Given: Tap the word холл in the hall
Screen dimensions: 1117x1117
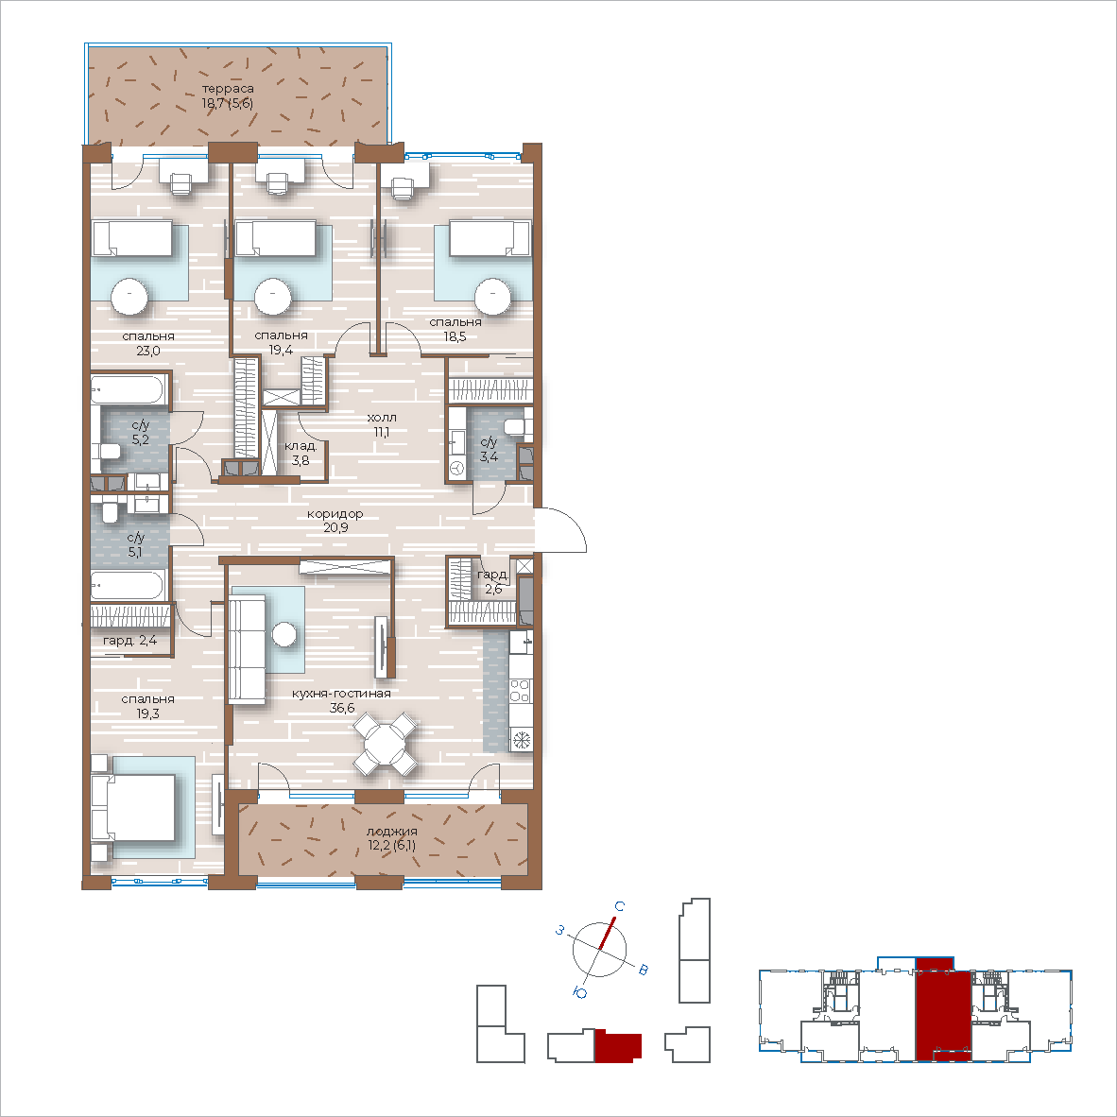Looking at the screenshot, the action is click(x=381, y=418).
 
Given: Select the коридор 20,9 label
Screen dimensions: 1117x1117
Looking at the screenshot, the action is click(x=335, y=521).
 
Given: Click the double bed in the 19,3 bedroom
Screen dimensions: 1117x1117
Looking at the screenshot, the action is click(x=133, y=807).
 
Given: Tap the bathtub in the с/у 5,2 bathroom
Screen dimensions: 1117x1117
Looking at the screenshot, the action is click(x=128, y=389).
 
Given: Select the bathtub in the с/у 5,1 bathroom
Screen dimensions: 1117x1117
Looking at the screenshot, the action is click(x=129, y=585).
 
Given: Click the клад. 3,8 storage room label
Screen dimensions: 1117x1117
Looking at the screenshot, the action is click(x=301, y=454).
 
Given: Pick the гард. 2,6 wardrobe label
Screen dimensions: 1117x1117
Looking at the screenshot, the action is click(x=493, y=581).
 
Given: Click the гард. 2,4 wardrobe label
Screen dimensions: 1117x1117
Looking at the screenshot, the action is click(x=129, y=641).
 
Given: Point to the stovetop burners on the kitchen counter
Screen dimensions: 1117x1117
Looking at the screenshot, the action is click(x=520, y=690).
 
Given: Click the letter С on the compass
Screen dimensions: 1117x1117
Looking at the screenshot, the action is click(x=620, y=906).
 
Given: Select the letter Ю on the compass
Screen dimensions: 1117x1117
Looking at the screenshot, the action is click(x=580, y=993).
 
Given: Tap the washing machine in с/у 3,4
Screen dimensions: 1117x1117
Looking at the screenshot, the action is click(x=456, y=468).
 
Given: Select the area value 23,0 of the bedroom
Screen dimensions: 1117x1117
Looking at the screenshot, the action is click(x=147, y=351).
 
